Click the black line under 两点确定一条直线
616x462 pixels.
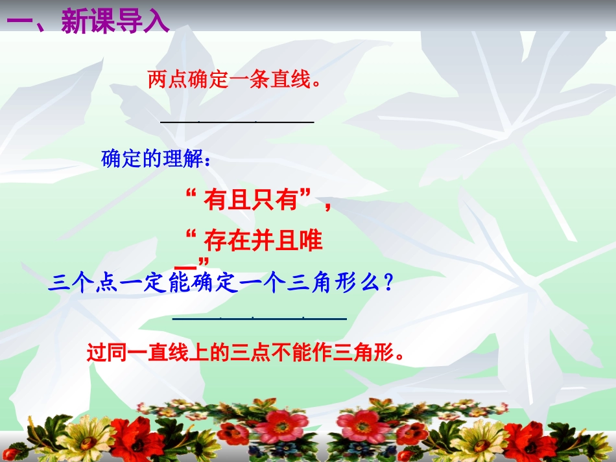(237, 121)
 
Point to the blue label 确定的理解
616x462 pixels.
(156, 159)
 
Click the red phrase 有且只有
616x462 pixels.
(254, 201)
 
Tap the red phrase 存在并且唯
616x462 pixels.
(263, 242)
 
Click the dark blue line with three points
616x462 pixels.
(259, 318)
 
